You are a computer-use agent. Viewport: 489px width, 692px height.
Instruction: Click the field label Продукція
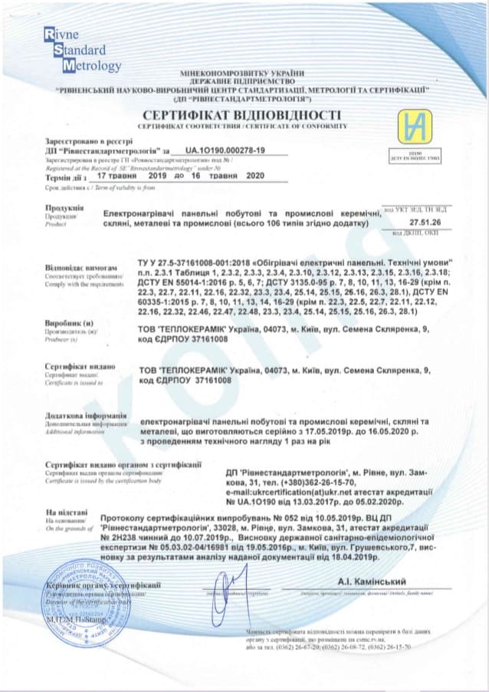(61, 207)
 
